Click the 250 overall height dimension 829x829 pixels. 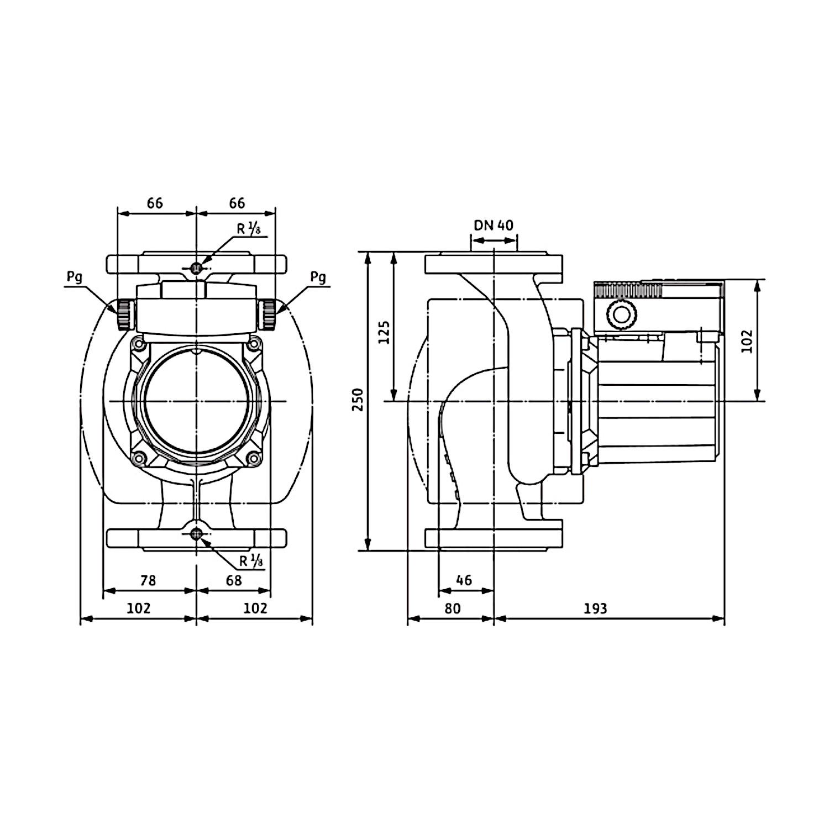click(x=358, y=400)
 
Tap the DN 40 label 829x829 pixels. click(x=494, y=225)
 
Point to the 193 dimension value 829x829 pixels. click(x=595, y=608)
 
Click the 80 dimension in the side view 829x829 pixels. click(x=452, y=608)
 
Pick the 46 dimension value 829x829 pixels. click(x=464, y=580)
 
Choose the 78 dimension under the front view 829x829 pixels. click(x=148, y=580)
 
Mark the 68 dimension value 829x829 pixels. click(x=234, y=580)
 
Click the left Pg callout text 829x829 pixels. click(x=74, y=277)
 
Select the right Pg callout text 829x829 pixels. click(x=318, y=277)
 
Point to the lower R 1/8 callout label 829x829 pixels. click(x=251, y=562)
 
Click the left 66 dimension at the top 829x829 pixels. click(x=155, y=203)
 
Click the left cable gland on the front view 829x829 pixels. click(x=124, y=313)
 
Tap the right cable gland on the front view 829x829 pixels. click(x=269, y=313)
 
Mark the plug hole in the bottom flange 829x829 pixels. click(x=196, y=534)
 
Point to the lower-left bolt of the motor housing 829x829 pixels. click(x=140, y=457)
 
